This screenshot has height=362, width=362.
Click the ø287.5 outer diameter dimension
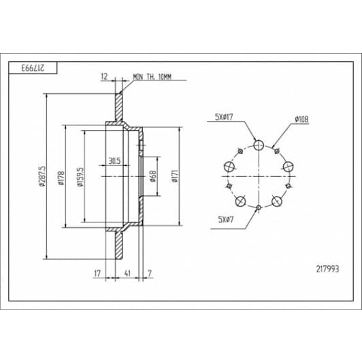42,176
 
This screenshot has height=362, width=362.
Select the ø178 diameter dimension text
61,178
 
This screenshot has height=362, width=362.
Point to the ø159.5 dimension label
80,177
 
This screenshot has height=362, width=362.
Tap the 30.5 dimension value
114,161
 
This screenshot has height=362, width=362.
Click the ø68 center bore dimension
153,176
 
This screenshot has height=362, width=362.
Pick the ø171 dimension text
175,176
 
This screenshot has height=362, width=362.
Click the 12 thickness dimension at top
104,76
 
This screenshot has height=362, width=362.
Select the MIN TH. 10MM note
152,77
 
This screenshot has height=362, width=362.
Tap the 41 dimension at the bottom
127,273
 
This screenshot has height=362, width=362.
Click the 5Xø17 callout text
224,117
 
